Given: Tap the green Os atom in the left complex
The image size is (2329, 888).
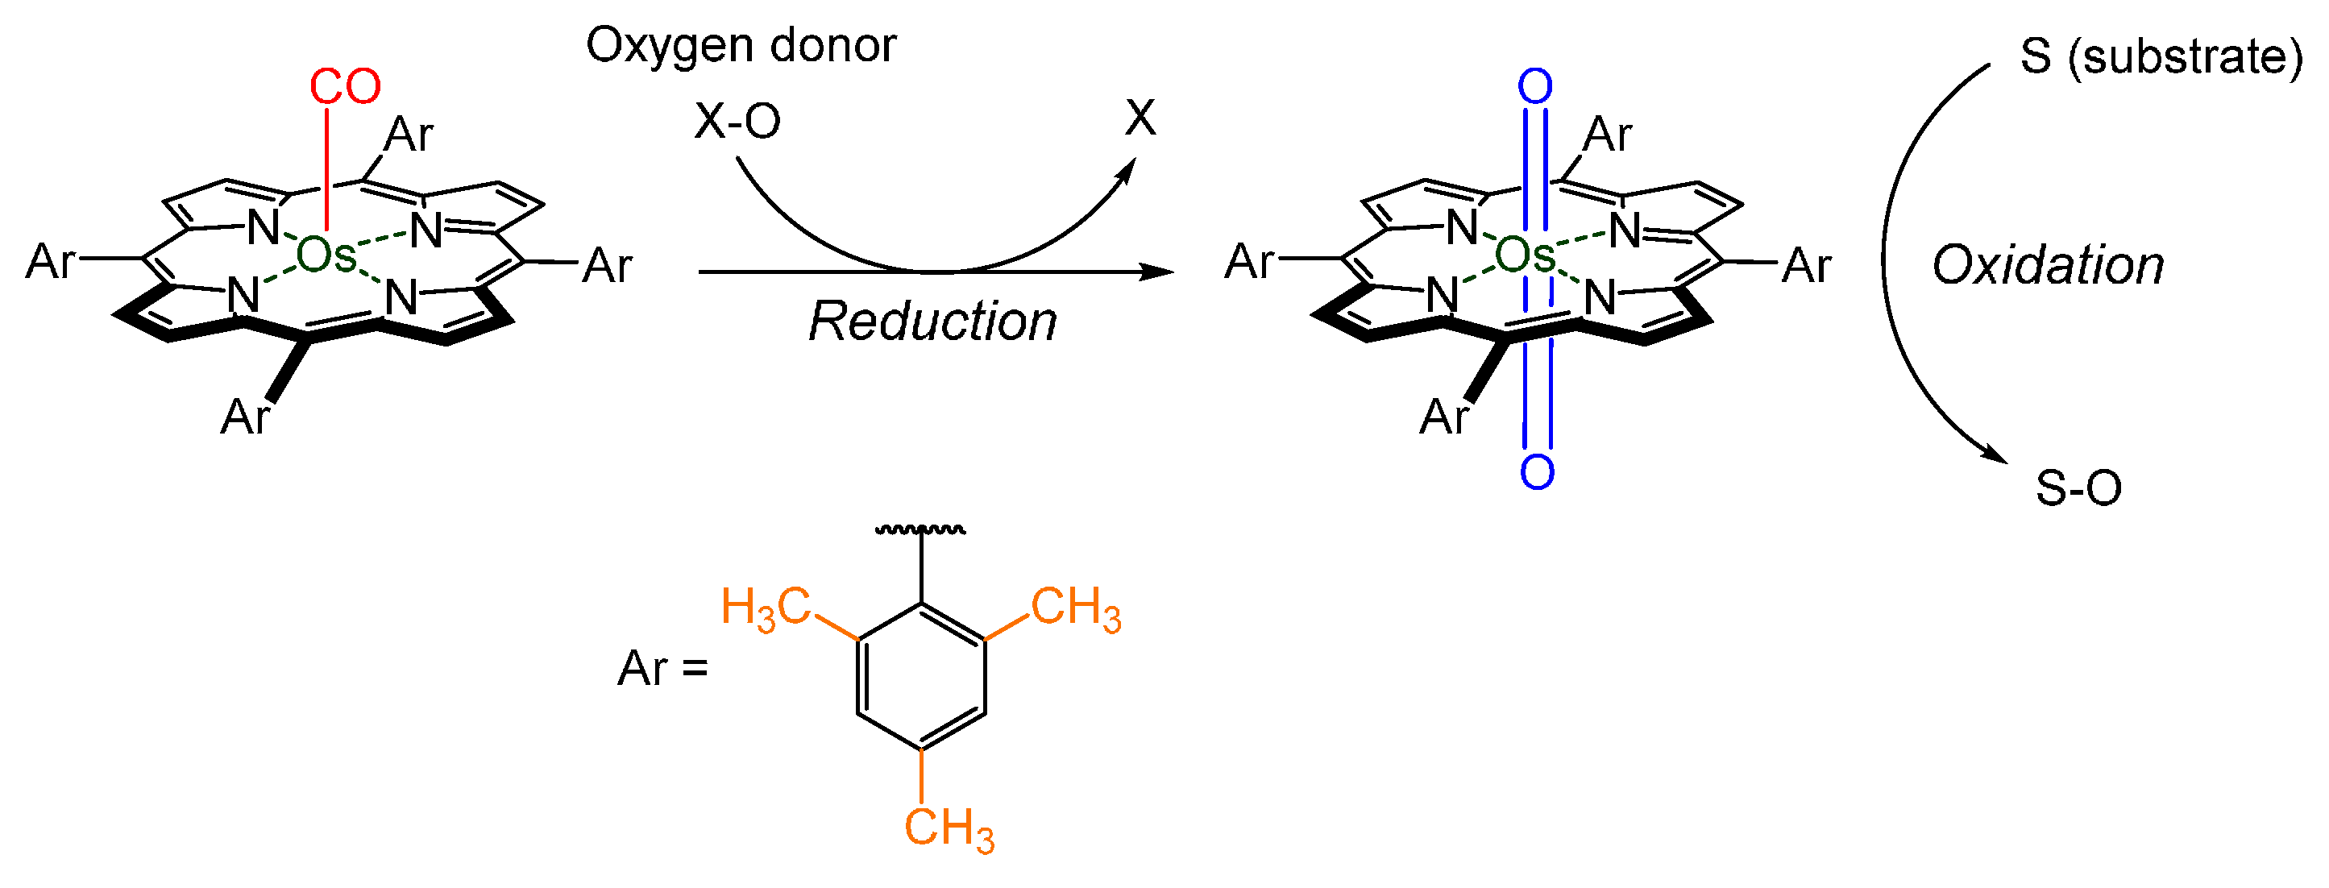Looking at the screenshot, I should click(x=326, y=256).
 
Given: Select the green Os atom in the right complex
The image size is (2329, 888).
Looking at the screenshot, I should click(x=1525, y=256).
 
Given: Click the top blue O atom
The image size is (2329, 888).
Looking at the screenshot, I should click(x=1535, y=87).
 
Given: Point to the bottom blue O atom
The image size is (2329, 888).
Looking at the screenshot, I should click(x=1537, y=471).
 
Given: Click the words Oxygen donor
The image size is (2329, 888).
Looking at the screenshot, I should click(x=741, y=45).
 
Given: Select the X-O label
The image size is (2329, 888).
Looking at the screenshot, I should click(x=737, y=120).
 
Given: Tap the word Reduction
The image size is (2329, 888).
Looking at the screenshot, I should click(x=932, y=321).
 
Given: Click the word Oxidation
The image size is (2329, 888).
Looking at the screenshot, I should click(x=2048, y=266).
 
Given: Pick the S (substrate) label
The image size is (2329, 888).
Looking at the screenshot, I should click(x=2161, y=57).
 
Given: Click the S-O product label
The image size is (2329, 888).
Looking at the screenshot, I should click(x=2078, y=488).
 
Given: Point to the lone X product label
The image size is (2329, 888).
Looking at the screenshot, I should click(x=1140, y=118).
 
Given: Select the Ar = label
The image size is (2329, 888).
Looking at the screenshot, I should click(x=662, y=669).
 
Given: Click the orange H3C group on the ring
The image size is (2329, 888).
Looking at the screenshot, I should click(x=765, y=608).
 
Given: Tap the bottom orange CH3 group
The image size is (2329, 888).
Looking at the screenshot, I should click(x=949, y=828).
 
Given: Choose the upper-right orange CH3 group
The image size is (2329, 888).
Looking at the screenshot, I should click(x=1076, y=608).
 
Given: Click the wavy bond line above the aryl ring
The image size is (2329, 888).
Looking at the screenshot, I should click(x=920, y=530).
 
